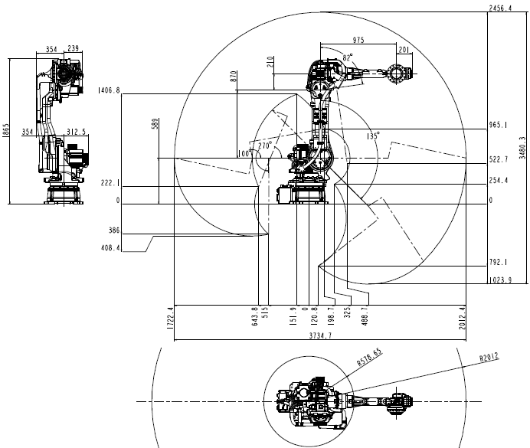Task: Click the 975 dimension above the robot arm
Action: [358, 40]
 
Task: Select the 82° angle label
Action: [348, 57]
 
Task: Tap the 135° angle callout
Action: [373, 136]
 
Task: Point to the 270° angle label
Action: [265, 146]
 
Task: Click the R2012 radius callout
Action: [489, 357]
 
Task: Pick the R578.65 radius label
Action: [370, 357]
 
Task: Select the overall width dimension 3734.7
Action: [320, 335]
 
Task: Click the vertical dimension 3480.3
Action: [523, 147]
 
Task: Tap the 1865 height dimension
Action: [5, 130]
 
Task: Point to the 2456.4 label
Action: [500, 8]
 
